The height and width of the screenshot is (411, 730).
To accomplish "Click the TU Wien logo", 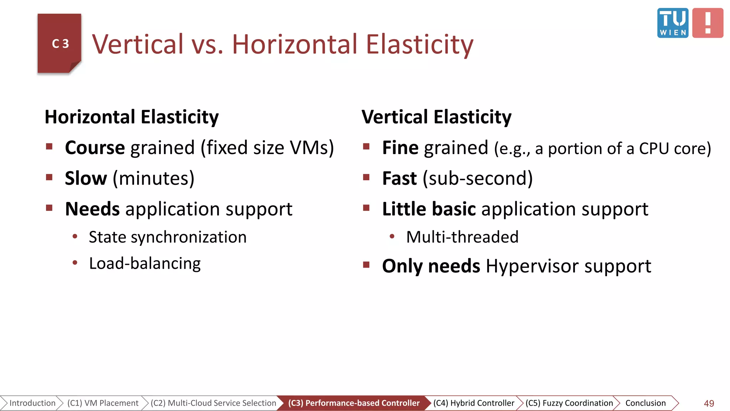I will (672, 23).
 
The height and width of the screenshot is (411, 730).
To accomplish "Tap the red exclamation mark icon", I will (708, 23).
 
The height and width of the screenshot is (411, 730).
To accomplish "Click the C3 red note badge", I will (60, 44).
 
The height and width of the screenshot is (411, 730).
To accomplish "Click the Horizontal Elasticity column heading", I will (132, 117).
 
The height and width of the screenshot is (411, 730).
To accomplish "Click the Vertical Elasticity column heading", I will (436, 117).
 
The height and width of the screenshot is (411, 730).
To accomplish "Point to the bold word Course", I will (95, 148).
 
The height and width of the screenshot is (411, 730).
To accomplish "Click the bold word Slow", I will (86, 178).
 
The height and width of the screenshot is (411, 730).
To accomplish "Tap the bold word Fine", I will (400, 148).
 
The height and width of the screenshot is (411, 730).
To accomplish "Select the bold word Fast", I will (399, 178).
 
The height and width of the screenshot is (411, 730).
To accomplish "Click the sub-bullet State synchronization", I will (168, 237).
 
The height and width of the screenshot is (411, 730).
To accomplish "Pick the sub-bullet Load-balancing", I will (145, 264).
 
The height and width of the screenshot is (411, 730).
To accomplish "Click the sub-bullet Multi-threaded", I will (462, 237).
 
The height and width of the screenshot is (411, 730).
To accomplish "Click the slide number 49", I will (709, 403).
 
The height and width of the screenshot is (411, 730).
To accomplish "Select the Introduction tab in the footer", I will (32, 403).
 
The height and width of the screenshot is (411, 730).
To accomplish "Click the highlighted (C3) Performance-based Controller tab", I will (354, 403).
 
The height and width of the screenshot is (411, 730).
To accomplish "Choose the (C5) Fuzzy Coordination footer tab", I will (569, 403).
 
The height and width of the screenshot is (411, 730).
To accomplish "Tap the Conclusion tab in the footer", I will (645, 403).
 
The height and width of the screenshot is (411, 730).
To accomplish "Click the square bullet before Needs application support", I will (49, 208).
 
